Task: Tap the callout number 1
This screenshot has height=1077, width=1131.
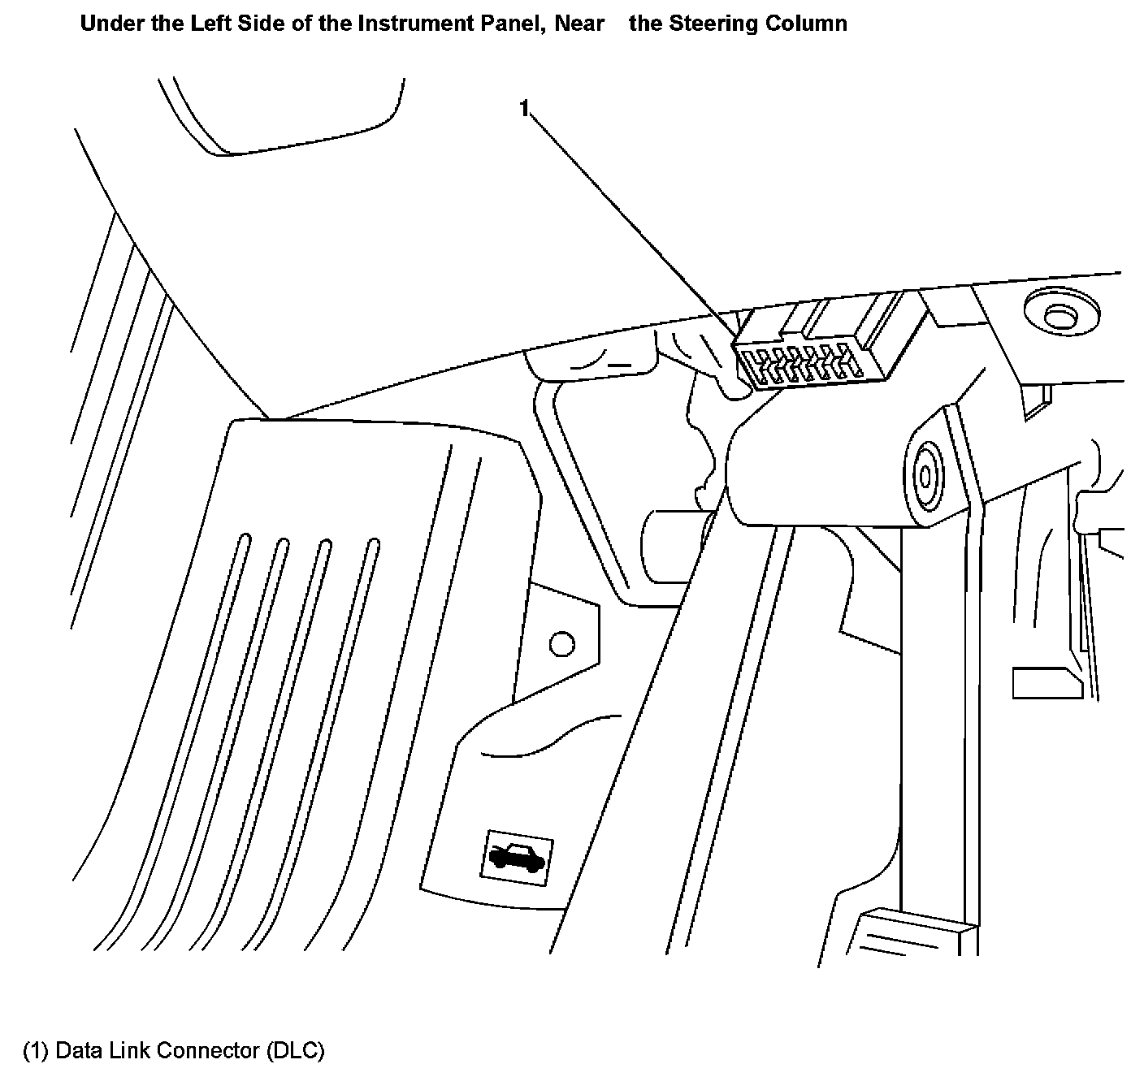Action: (x=525, y=107)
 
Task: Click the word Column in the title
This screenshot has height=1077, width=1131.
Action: (x=807, y=24)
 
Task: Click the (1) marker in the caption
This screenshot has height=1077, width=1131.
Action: (x=36, y=1050)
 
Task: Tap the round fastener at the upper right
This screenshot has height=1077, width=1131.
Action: (x=1059, y=316)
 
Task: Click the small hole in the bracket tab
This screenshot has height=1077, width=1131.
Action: (x=561, y=645)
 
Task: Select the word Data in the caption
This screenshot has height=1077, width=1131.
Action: (x=79, y=1050)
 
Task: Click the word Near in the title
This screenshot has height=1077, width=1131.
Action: (x=579, y=24)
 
